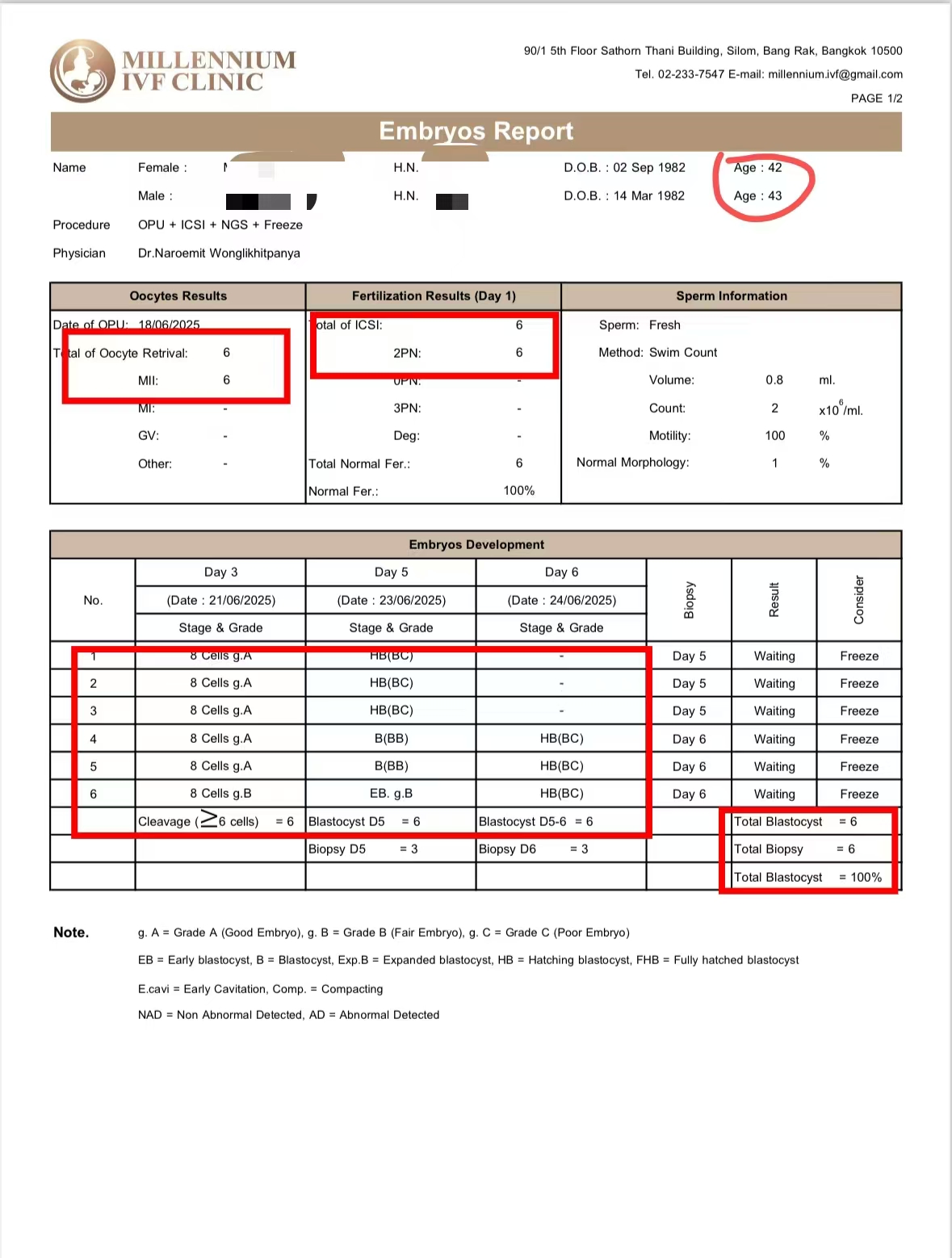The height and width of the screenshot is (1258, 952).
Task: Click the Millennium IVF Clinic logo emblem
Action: pos(82,71)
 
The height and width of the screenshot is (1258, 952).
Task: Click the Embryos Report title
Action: pos(476,131)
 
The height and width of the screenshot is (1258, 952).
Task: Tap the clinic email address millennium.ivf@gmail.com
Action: pos(835,74)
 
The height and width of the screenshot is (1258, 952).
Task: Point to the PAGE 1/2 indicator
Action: pos(876,99)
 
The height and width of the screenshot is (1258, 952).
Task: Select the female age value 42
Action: pos(774,168)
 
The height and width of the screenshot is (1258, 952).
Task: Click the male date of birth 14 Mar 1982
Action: pos(648,196)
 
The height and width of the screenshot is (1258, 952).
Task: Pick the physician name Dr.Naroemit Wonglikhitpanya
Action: pos(219,254)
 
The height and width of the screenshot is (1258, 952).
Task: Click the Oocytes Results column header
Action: pos(178,296)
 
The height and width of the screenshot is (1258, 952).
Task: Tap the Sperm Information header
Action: pos(731,296)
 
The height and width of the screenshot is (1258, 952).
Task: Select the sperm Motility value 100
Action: pos(774,436)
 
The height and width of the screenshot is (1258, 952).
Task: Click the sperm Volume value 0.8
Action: pos(774,380)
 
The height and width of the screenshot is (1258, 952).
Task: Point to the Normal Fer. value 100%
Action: pos(518,491)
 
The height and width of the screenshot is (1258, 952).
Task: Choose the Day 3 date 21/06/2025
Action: pos(220,601)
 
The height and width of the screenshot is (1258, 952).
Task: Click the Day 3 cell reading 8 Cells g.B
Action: pos(220,794)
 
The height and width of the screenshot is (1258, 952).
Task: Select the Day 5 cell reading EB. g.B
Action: pos(391,794)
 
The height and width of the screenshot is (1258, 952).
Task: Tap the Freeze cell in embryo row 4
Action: pos(858,739)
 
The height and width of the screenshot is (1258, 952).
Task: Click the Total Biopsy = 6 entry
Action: pos(794,849)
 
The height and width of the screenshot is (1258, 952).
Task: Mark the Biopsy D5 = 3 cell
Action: pos(363,849)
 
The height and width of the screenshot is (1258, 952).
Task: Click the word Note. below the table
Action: pos(71,933)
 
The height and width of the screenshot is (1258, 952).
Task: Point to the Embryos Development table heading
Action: pos(476,545)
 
